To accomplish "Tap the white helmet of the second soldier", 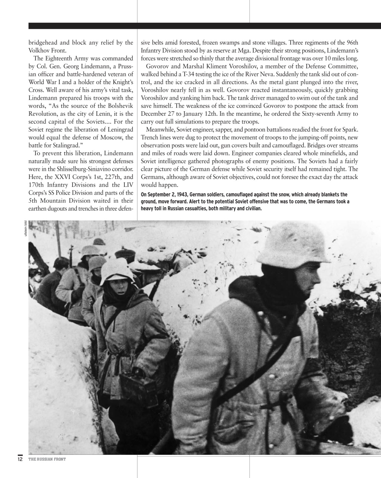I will click(x=117, y=270).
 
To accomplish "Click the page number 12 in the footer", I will click(x=20, y=459).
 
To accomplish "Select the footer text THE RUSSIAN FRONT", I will click(x=47, y=459).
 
